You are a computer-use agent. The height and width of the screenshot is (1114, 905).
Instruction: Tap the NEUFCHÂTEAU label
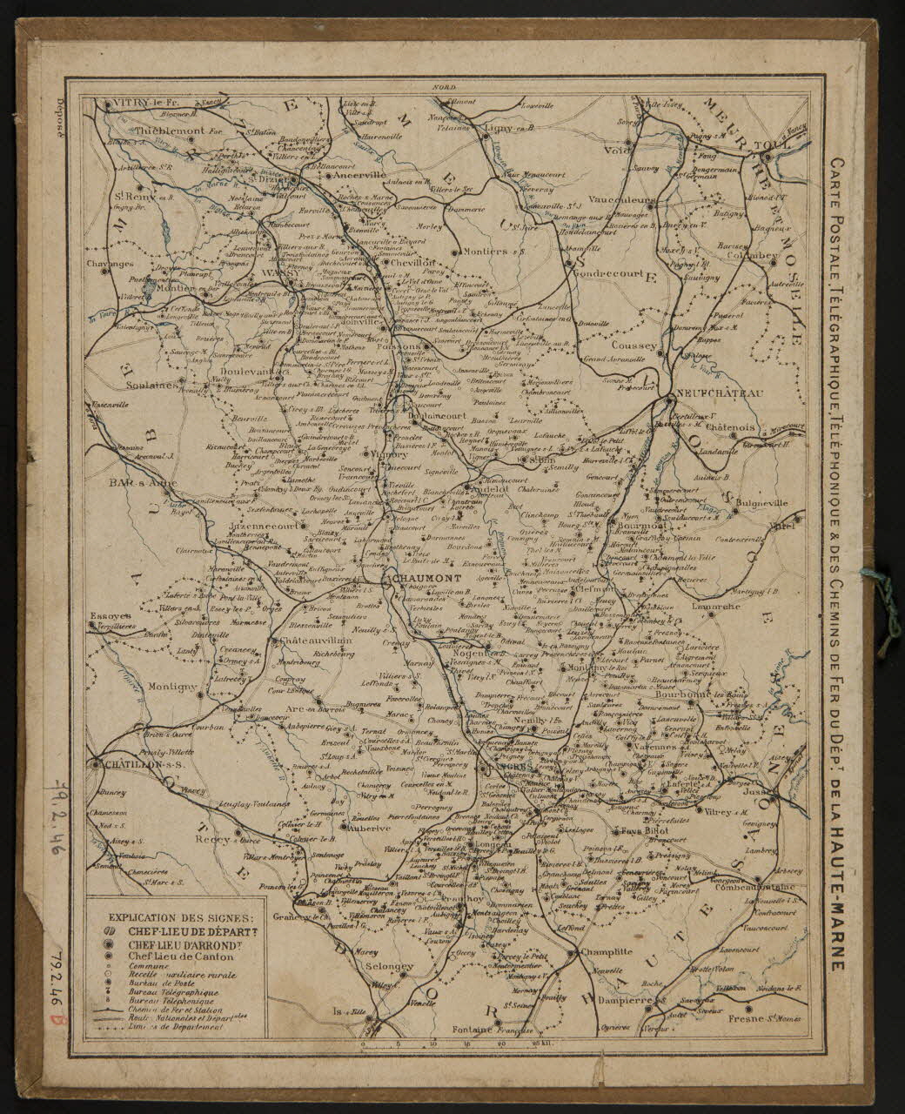pos(721,394)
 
